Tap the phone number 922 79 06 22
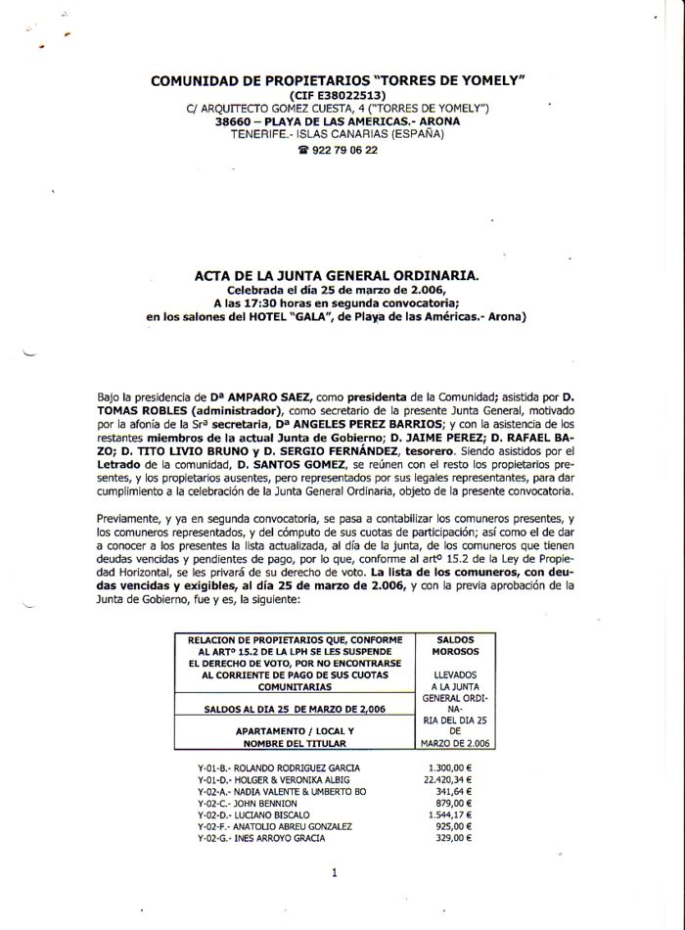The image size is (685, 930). click(343, 151)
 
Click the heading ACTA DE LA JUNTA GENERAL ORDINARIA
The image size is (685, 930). click(338, 277)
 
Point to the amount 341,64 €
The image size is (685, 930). click(456, 791)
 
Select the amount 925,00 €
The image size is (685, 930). click(454, 826)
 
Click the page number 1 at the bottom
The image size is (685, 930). click(334, 872)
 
